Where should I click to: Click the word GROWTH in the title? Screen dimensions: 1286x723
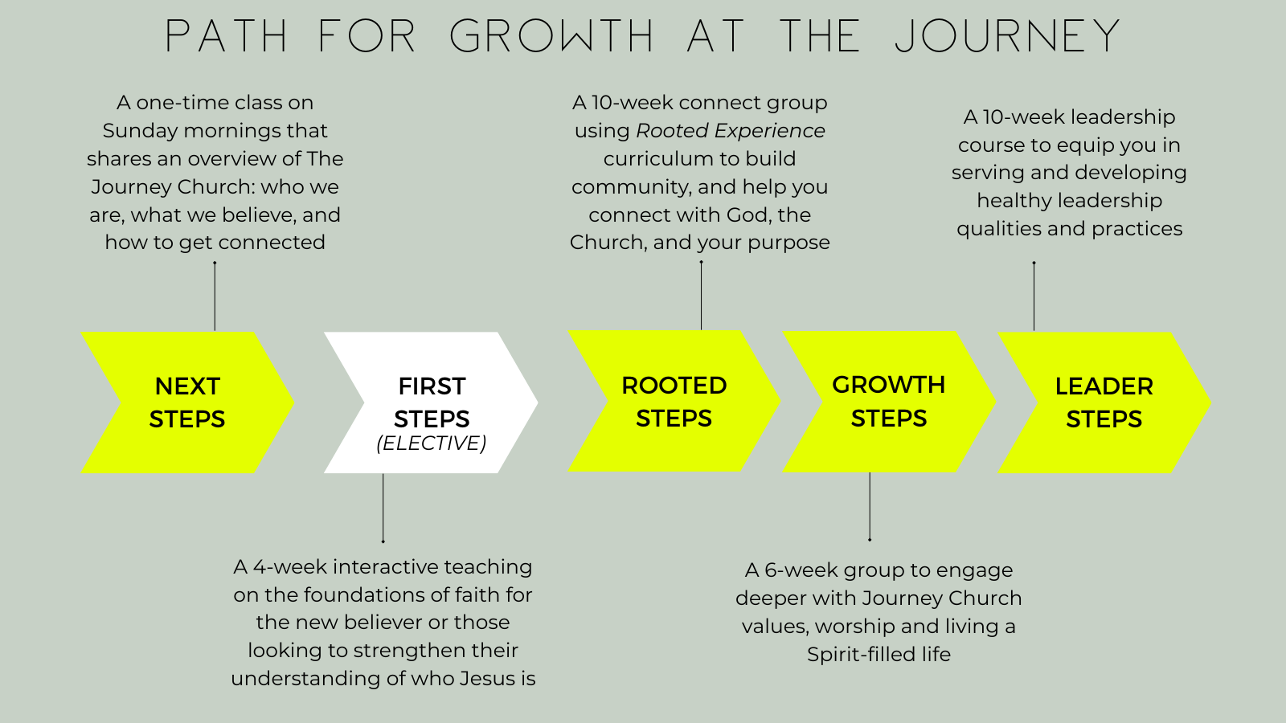click(551, 37)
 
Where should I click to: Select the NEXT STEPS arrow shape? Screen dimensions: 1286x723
click(187, 402)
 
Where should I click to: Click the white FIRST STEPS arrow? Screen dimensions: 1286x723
click(432, 402)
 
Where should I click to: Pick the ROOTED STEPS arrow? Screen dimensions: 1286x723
click(674, 402)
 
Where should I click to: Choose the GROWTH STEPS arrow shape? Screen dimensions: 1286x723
click(889, 402)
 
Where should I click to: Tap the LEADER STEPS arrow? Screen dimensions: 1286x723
click(1104, 402)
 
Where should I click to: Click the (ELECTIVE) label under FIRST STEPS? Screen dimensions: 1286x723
click(432, 443)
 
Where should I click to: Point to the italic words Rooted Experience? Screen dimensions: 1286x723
click(731, 131)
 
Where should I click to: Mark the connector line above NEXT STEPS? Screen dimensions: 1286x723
click(215, 296)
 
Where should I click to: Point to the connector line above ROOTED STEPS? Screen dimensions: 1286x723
click(701, 296)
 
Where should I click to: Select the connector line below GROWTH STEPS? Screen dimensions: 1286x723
click(870, 506)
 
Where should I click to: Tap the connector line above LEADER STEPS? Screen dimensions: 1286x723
click(1034, 296)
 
